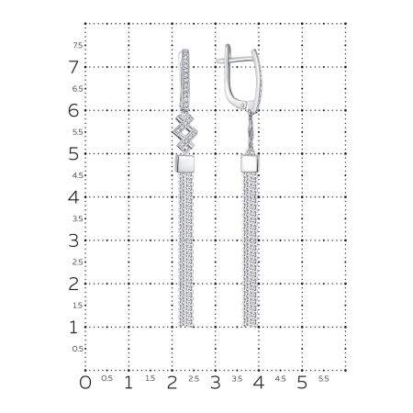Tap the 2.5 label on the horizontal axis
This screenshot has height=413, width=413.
[194, 378]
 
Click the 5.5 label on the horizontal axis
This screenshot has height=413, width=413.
[323, 378]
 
